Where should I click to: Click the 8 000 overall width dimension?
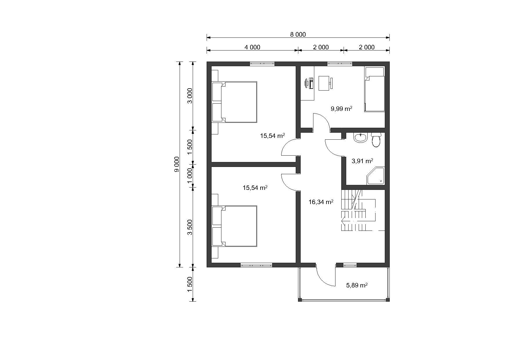point(298,35)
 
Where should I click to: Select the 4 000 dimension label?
point(252,47)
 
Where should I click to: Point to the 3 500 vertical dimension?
point(190,227)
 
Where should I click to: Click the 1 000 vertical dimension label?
point(190,176)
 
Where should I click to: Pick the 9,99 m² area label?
point(342,109)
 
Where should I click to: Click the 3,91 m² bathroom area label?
point(362,161)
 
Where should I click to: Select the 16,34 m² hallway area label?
point(321,202)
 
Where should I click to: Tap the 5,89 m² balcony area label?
point(357,285)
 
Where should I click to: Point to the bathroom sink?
point(360,138)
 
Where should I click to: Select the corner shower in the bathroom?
point(376,176)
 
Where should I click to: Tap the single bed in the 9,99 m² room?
point(375,89)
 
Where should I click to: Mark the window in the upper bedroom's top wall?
point(262,64)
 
